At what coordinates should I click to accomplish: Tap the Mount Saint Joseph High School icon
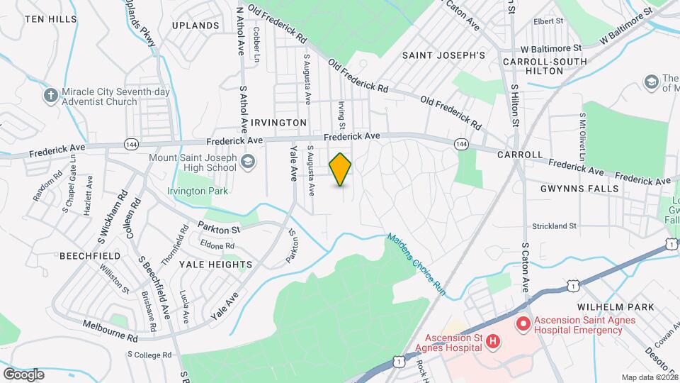pos(248,162)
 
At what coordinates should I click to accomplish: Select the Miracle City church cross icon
pos(50,96)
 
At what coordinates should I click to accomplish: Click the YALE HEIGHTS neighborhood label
pos(215,264)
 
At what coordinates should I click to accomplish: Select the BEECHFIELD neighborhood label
pos(87,255)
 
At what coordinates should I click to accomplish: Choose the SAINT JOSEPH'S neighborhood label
pos(443,55)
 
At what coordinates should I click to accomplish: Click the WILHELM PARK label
pos(614,307)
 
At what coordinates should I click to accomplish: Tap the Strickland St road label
pos(555,226)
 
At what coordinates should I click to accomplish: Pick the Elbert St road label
pos(548,21)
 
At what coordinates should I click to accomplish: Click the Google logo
pos(23,374)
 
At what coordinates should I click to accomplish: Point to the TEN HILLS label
pos(50,18)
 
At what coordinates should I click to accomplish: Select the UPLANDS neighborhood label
pos(195,26)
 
